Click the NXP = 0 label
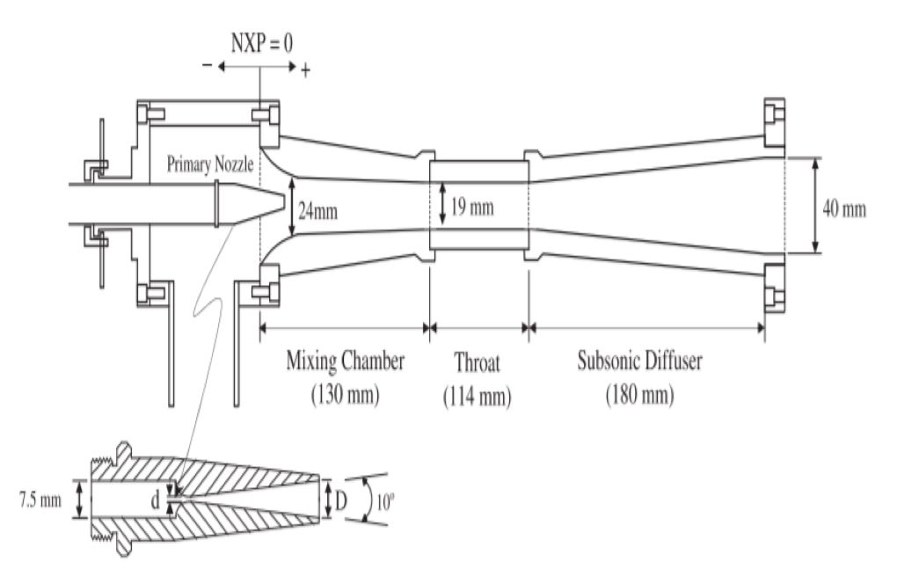coord(261,41)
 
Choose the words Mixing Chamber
coord(346,361)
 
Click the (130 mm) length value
coord(345,395)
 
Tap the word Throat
coord(477,361)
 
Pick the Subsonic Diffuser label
coord(639,361)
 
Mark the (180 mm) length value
coord(639,395)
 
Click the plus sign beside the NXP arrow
coord(305,70)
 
